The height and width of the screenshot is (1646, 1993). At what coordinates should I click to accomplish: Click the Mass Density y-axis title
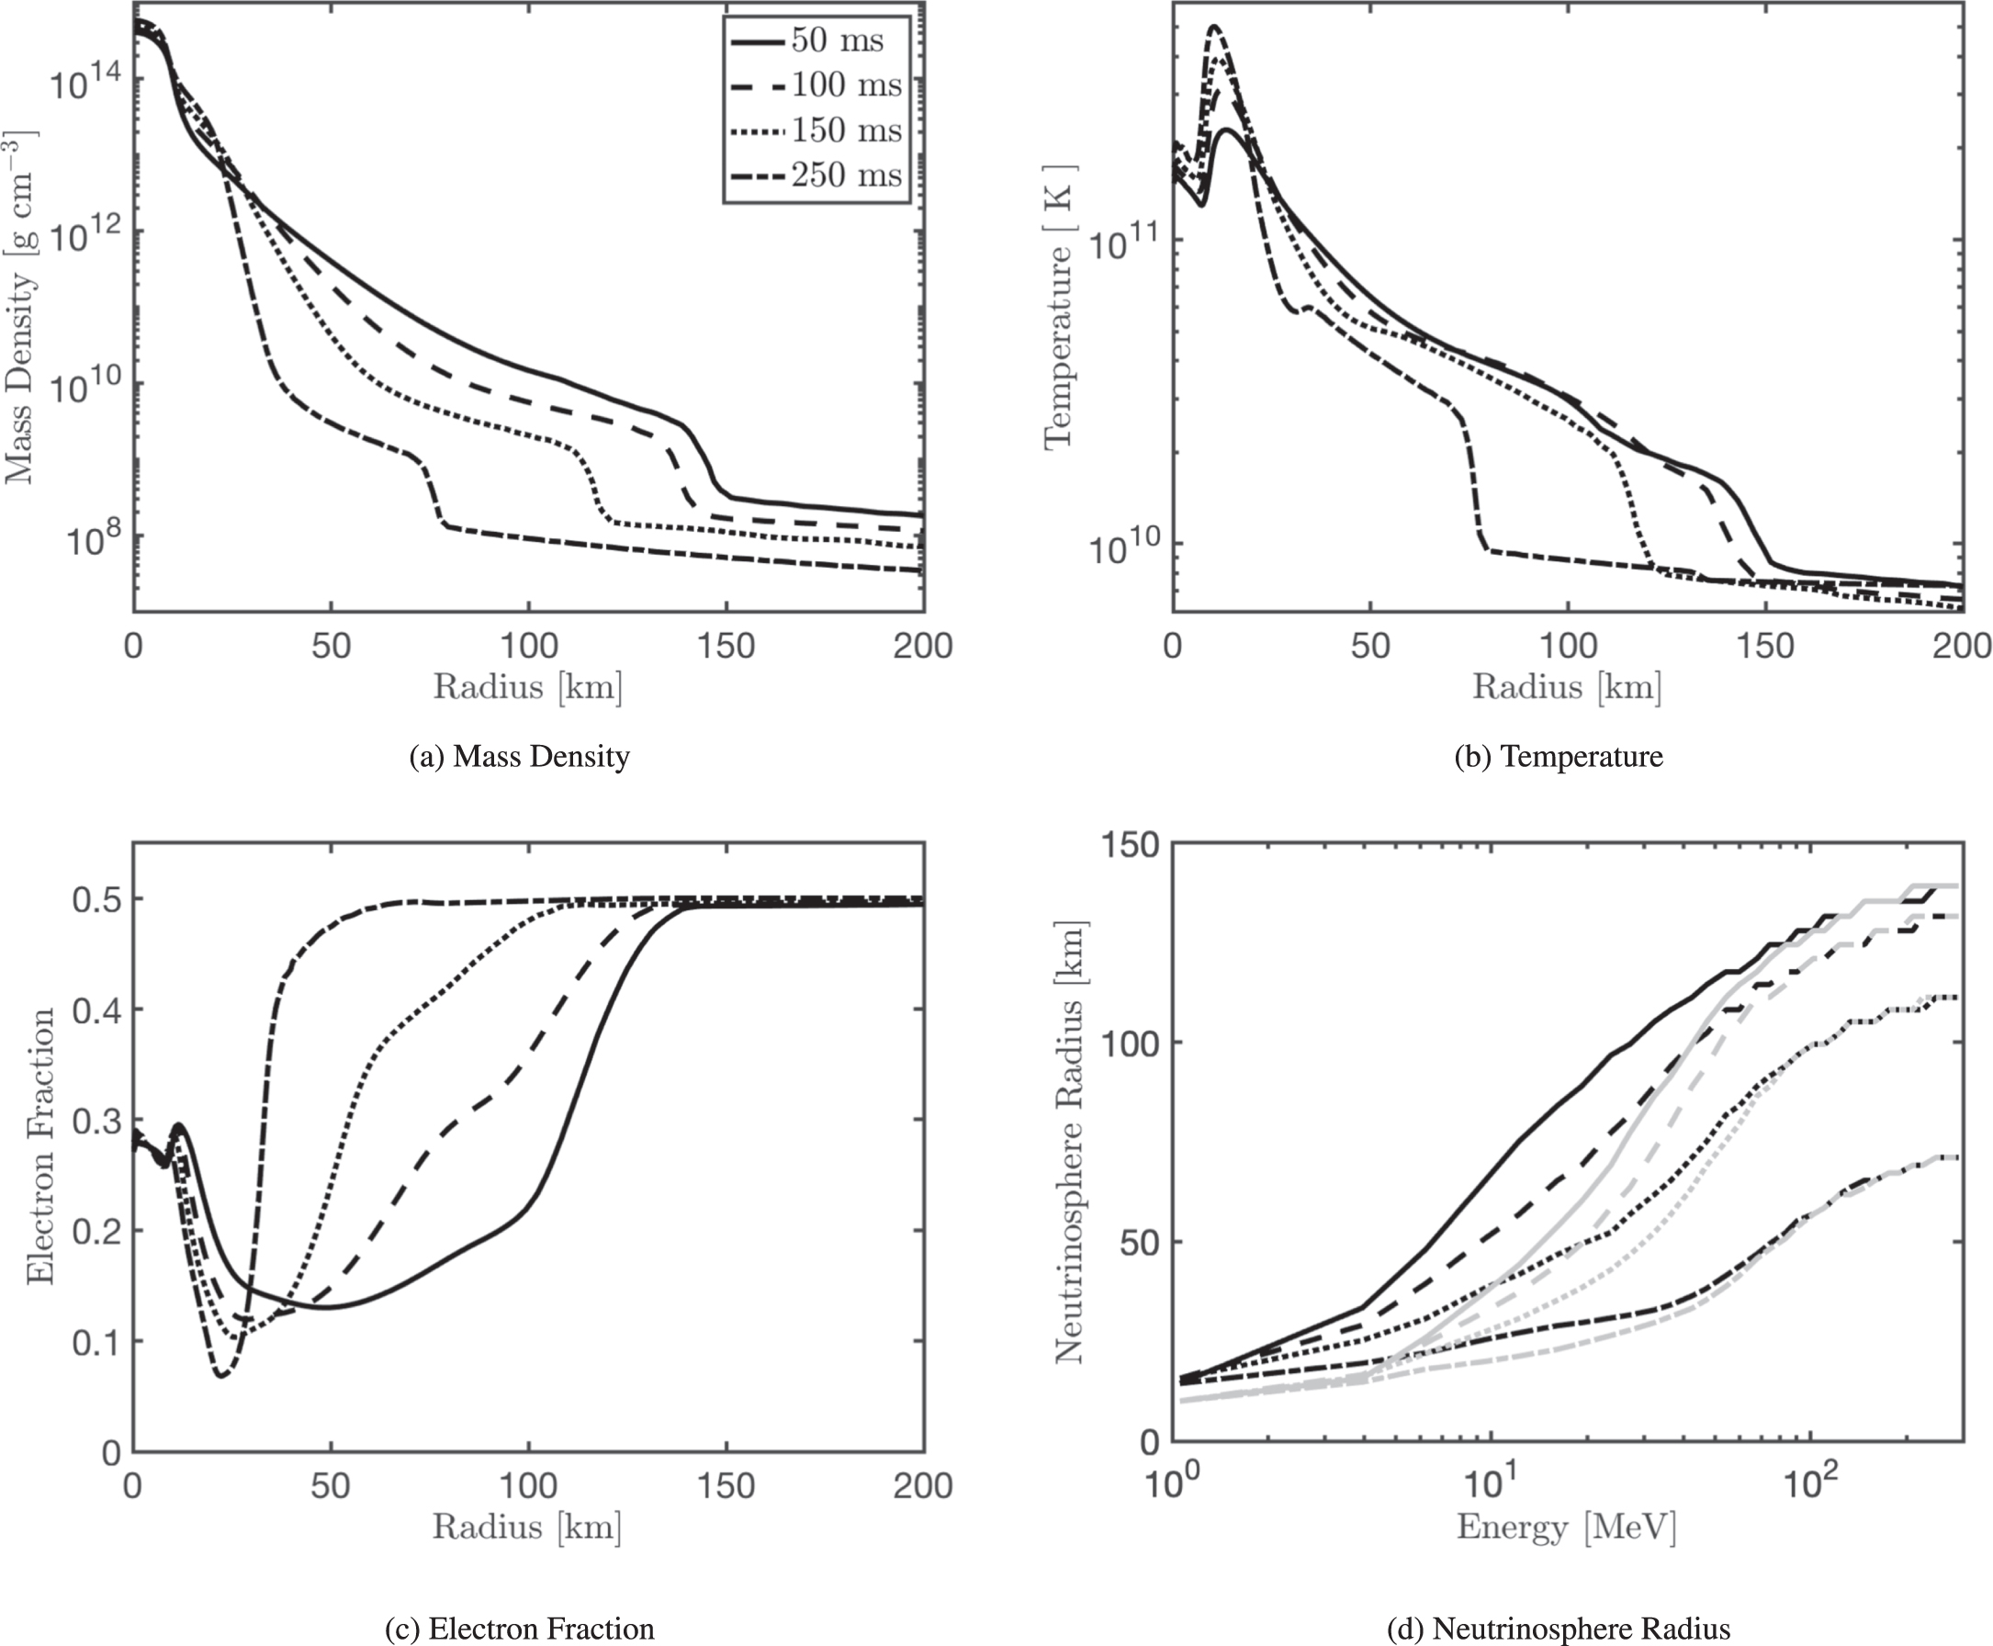[x=21, y=308]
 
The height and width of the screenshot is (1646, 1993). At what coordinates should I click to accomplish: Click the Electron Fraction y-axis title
[x=40, y=1146]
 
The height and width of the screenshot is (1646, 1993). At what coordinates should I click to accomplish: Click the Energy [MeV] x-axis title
[x=1566, y=1528]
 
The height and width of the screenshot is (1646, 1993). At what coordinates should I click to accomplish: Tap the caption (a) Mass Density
[x=520, y=757]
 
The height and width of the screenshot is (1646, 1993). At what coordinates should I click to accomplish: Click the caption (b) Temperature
[x=1559, y=757]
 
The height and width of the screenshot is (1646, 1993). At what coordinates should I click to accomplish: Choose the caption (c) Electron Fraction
[x=520, y=1629]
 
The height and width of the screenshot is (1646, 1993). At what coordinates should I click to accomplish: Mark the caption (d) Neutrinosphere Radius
[x=1559, y=1629]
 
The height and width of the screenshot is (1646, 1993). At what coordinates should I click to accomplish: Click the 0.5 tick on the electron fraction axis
[x=95, y=900]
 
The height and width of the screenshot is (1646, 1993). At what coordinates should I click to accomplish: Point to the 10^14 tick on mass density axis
[x=84, y=84]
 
